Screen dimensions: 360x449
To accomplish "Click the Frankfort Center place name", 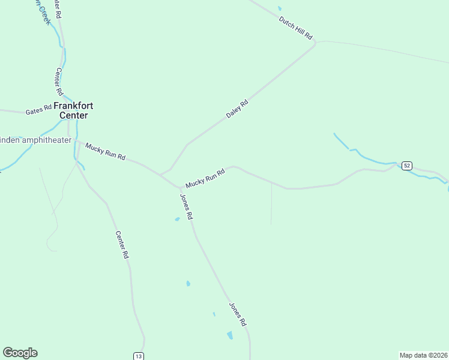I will point(73,110).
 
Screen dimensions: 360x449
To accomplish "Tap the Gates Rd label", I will point(39,111).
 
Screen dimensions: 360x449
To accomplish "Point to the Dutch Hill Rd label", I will point(296,28).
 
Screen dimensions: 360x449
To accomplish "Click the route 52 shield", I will point(407,165).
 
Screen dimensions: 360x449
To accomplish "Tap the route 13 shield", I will point(139,356).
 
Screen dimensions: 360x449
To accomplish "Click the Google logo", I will point(20,353).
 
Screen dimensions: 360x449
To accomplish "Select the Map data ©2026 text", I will point(423,355).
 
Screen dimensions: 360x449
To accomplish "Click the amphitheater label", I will point(36,140).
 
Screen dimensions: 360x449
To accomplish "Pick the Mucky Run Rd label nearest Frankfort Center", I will point(105,151).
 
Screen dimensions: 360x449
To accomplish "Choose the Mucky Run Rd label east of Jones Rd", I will point(205,177).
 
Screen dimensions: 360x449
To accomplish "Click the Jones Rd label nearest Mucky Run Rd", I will point(186,206).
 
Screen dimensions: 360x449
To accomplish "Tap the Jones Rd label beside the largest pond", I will point(238,314).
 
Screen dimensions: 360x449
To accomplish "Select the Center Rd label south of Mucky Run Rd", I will point(122,245).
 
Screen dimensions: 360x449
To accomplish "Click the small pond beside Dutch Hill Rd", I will point(279,8).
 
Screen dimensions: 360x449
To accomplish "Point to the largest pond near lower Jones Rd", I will point(230,335).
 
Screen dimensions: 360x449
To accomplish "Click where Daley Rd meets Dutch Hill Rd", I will point(314,43).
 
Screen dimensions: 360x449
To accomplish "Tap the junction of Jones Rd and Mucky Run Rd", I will point(180,187).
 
